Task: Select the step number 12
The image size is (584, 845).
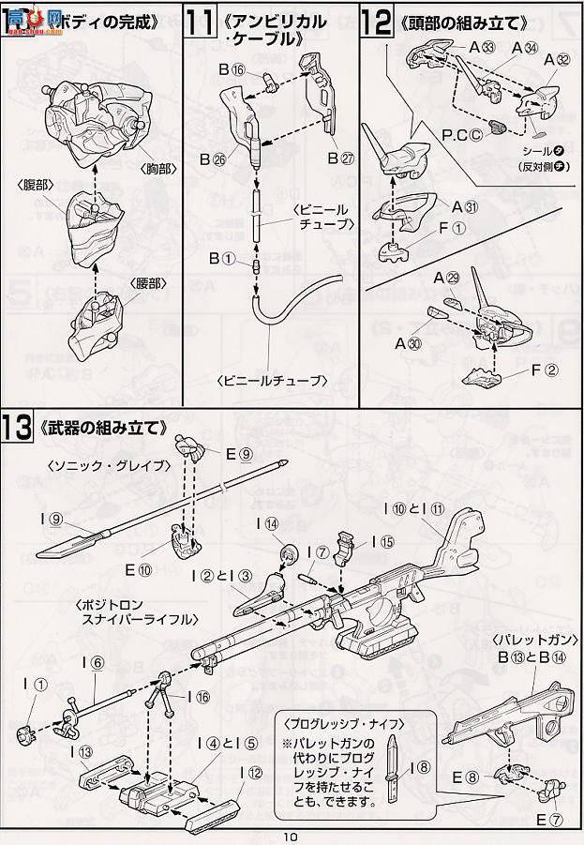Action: (x=377, y=23)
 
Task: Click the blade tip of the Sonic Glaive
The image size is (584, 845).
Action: (x=45, y=553)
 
